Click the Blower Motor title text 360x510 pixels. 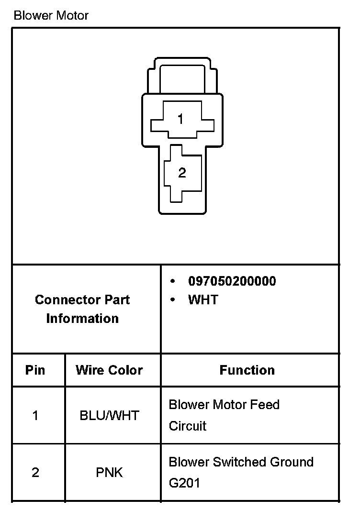tap(51, 15)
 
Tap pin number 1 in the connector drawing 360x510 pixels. tap(180, 119)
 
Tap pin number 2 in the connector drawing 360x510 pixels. tap(182, 173)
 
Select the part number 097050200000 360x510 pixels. tap(232, 281)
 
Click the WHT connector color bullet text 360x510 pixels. tap(203, 300)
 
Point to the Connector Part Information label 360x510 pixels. tap(82, 309)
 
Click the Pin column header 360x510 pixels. tap(35, 370)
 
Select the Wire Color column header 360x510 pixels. tap(109, 370)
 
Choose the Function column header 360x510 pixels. tap(247, 370)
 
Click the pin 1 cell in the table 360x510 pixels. tap(35, 415)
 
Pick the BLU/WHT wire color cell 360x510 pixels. tap(109, 415)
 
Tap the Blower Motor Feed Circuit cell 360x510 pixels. tap(224, 415)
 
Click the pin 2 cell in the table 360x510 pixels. tap(35, 473)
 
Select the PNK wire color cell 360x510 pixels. tap(109, 473)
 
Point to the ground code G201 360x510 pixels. tap(184, 483)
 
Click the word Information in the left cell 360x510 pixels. tap(82, 319)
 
